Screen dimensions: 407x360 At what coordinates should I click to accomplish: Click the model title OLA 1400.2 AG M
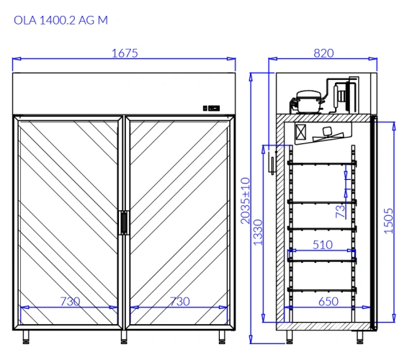(x=61, y=20)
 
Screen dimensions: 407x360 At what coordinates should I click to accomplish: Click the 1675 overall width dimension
(x=125, y=53)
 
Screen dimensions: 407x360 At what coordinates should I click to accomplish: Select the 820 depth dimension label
(x=323, y=53)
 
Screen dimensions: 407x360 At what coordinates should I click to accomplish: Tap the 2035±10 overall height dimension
(x=246, y=200)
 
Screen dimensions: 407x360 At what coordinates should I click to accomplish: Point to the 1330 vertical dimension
(x=258, y=233)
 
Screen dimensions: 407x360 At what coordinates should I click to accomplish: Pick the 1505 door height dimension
(x=388, y=221)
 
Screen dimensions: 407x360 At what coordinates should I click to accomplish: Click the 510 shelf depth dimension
(x=323, y=245)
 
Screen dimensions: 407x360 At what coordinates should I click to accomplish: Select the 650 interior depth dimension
(x=328, y=302)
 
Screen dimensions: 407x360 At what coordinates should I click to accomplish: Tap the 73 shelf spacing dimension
(x=340, y=211)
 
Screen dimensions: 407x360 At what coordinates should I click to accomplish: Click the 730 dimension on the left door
(x=70, y=302)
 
